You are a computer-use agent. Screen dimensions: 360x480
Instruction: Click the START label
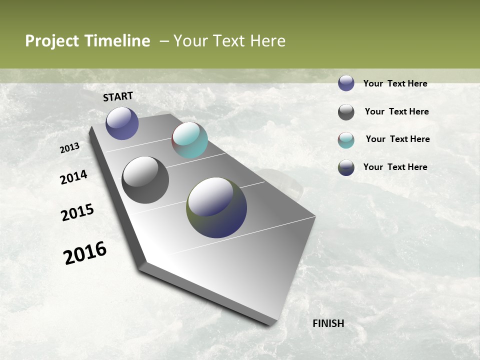pyautogui.click(x=118, y=96)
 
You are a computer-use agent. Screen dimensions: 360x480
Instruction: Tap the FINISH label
pyautogui.click(x=328, y=323)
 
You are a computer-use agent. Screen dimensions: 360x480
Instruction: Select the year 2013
pyautogui.click(x=69, y=148)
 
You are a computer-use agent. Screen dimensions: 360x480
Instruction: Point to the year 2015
pyautogui.click(x=77, y=212)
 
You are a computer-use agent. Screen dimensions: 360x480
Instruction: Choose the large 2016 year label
pyautogui.click(x=85, y=253)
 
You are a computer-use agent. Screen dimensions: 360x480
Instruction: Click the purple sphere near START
pyautogui.click(x=122, y=123)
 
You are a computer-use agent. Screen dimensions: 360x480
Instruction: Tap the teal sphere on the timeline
pyautogui.click(x=189, y=140)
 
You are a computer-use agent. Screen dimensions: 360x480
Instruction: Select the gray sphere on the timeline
pyautogui.click(x=145, y=180)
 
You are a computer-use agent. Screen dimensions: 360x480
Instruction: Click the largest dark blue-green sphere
pyautogui.click(x=216, y=207)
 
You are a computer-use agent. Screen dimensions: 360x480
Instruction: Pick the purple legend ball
pyautogui.click(x=346, y=83)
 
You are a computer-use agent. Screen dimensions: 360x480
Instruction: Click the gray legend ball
pyautogui.click(x=346, y=112)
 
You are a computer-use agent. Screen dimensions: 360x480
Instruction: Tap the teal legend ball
pyautogui.click(x=346, y=140)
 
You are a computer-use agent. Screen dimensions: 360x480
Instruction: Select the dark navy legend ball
pyautogui.click(x=346, y=167)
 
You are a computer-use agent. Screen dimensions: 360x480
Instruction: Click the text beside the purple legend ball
pyautogui.click(x=395, y=83)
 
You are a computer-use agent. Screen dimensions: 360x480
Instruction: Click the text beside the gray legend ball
pyautogui.click(x=396, y=111)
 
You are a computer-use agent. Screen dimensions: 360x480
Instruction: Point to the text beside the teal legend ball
pyautogui.click(x=397, y=139)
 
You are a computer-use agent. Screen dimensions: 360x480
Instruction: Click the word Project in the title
pyautogui.click(x=52, y=41)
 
